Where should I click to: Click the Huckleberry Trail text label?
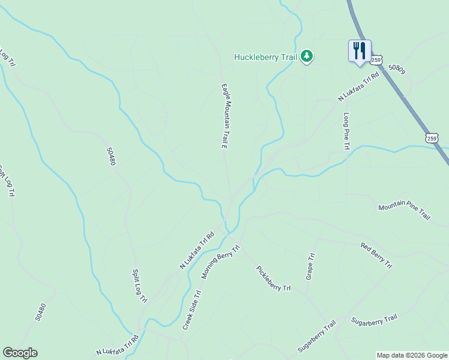click(x=265, y=58)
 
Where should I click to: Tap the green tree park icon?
click(x=307, y=56)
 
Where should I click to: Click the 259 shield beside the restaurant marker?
click(x=376, y=60)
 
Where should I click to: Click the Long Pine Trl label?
click(x=346, y=131)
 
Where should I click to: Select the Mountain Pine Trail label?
click(x=405, y=211)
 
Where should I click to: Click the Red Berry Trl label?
click(x=376, y=255)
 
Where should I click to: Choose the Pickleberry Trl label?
click(x=273, y=278)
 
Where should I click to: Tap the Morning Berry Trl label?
click(x=220, y=262)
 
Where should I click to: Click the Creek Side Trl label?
click(x=191, y=310)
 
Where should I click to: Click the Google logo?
click(x=20, y=353)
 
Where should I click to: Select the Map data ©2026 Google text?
click(x=412, y=355)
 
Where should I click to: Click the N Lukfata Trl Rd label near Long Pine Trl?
click(x=359, y=88)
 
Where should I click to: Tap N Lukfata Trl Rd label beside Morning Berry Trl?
click(x=197, y=251)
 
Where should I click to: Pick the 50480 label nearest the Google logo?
click(x=40, y=311)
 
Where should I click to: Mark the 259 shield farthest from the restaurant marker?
click(x=432, y=138)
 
